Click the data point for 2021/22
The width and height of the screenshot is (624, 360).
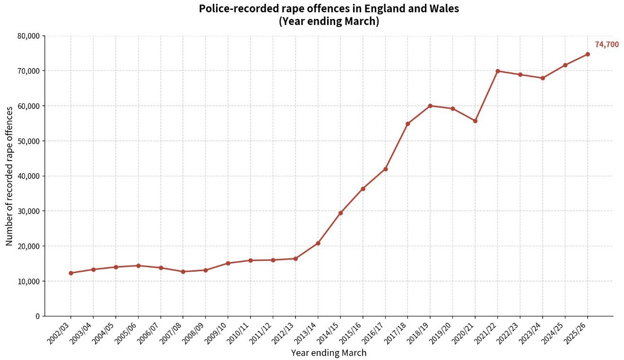coord(498,71)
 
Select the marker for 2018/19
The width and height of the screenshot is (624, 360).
coord(430,106)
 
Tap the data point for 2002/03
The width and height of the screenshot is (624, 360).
coord(71,273)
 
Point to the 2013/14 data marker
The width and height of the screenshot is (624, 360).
coord(318,243)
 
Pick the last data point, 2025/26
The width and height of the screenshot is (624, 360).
coord(588,54)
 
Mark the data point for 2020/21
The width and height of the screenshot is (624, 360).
coord(475,121)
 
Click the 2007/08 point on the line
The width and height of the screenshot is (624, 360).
coord(183,272)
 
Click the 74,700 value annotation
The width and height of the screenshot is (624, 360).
coord(607,44)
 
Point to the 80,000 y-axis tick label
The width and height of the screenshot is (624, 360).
coord(29,36)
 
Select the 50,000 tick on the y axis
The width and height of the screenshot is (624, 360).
coord(29,141)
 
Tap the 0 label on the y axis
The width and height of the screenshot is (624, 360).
coord(38,316)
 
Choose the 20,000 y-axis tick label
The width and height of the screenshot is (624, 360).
coord(29,246)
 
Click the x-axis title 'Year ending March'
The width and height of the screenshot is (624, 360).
coord(329,353)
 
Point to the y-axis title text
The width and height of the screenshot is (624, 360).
coord(9,176)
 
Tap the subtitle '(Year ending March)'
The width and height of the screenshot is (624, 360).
coord(329,21)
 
